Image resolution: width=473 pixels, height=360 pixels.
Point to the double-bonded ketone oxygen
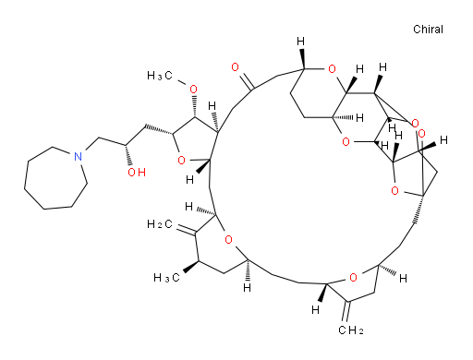pos(239,68)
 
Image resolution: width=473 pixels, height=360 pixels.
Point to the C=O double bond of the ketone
pos(245,77)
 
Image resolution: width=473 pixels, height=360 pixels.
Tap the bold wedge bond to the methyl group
pos(182,268)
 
